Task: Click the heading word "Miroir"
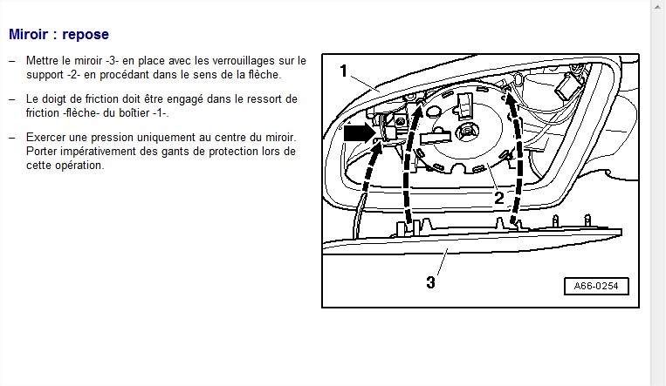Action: coord(28,34)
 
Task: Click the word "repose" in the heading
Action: coord(86,35)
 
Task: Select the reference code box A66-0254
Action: coord(596,286)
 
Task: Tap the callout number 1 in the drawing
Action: coord(344,71)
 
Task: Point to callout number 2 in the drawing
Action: coord(499,198)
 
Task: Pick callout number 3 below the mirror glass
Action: coord(430,282)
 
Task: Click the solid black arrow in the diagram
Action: coord(360,132)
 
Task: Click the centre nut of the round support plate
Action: coord(468,132)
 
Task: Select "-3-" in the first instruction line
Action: coord(112,61)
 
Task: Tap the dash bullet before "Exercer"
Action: coord(12,138)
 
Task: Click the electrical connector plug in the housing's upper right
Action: coord(567,86)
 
